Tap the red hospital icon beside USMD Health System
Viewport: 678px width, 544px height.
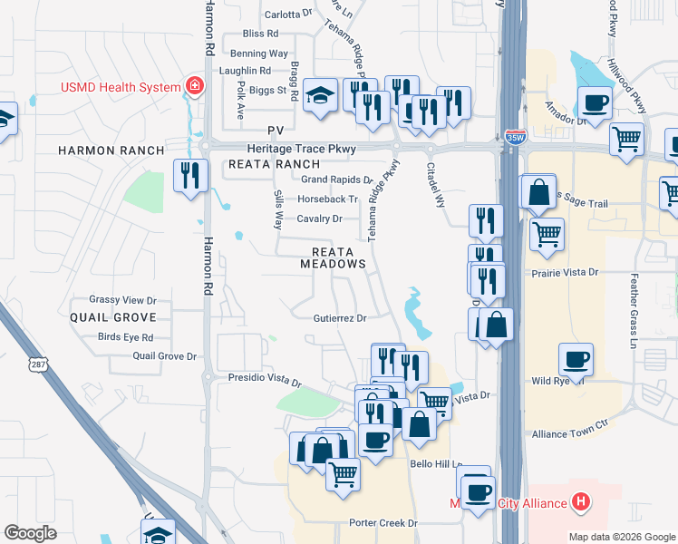[193, 86]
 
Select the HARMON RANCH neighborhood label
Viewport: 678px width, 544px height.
[111, 151]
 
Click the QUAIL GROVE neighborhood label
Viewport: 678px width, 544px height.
[113, 317]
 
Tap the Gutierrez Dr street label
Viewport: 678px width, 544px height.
[339, 318]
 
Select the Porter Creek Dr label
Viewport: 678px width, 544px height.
[383, 523]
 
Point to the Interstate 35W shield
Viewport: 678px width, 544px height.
[515, 139]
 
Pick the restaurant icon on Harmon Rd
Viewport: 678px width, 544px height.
[190, 175]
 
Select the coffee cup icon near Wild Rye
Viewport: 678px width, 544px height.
[576, 360]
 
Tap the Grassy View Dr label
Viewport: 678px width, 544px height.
[122, 300]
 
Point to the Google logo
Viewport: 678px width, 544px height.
[30, 533]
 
